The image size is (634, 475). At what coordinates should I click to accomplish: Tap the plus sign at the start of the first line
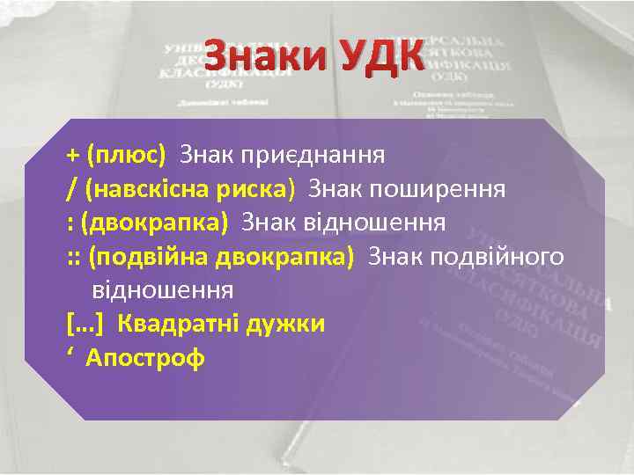coord(71,157)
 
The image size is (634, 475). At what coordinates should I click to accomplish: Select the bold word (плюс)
coord(126,156)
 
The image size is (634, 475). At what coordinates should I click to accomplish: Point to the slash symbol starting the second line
coord(70,189)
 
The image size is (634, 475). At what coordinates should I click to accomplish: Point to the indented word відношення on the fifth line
coord(162,289)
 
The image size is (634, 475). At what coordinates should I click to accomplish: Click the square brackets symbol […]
coord(85,324)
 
